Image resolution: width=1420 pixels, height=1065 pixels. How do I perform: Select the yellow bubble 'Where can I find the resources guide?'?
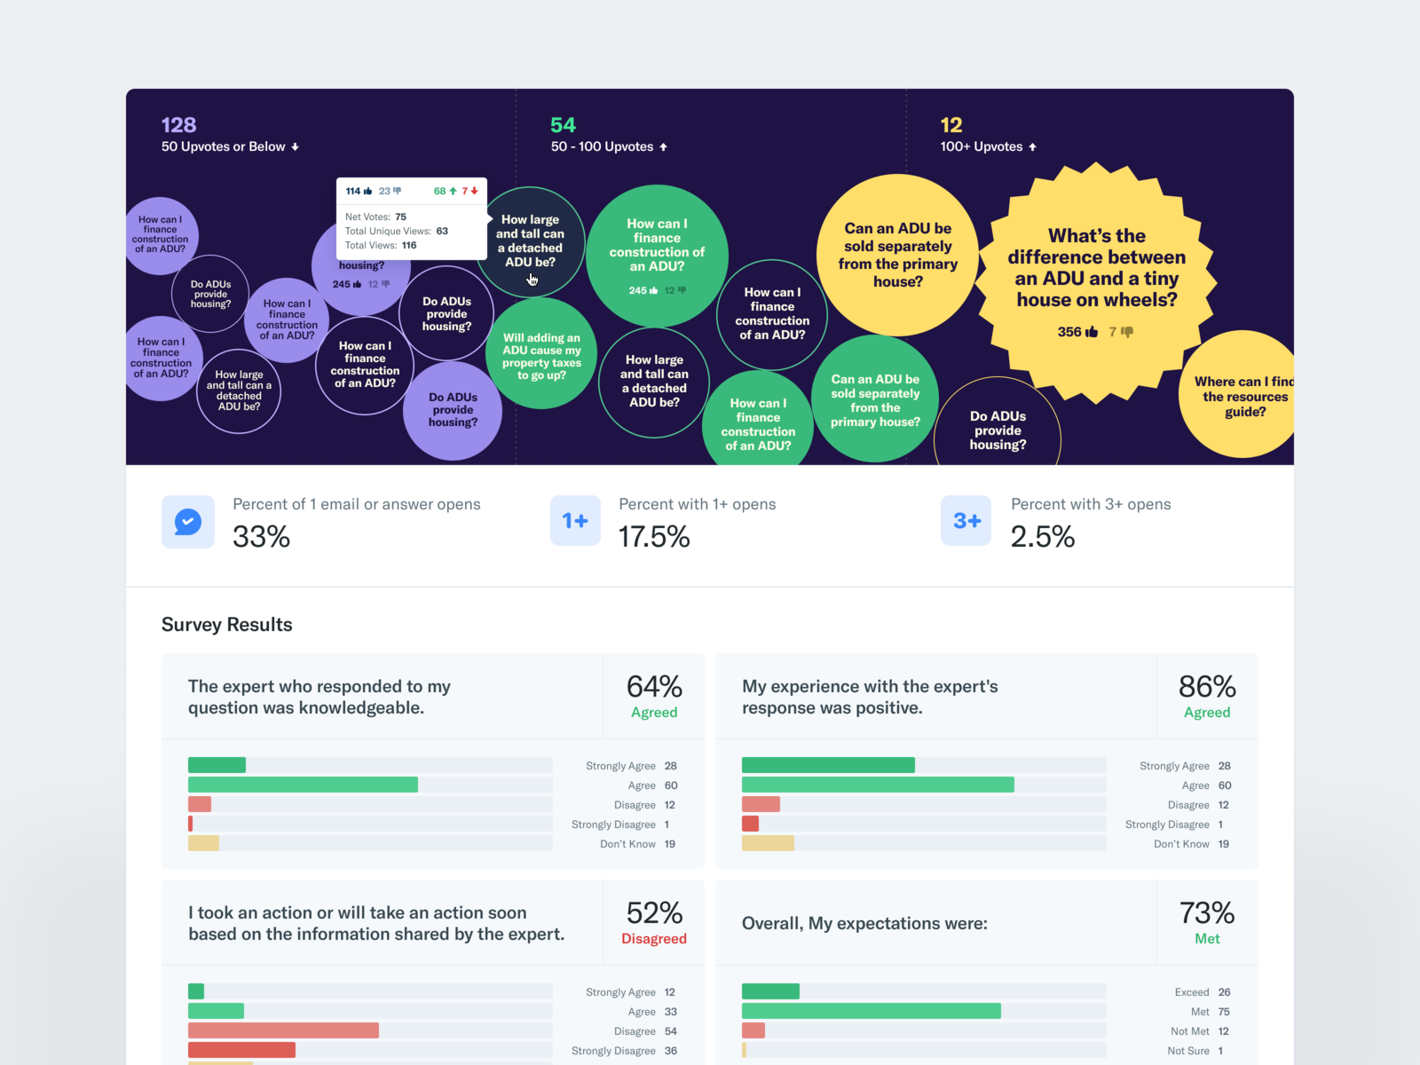(1242, 396)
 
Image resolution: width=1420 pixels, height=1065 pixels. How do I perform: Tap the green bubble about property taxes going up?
(541, 356)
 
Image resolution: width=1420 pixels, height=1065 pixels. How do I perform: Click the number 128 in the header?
(178, 125)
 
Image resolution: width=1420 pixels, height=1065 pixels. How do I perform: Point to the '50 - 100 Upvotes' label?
(602, 146)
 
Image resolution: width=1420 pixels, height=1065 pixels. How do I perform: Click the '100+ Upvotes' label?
(982, 146)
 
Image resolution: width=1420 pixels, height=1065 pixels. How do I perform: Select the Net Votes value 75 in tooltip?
(401, 217)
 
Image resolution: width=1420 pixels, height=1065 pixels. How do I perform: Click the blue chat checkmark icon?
(188, 522)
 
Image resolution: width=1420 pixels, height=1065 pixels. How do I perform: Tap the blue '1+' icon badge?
(575, 521)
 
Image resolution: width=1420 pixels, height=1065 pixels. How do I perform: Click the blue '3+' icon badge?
(966, 521)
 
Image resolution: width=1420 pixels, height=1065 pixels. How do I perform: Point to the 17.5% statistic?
(654, 537)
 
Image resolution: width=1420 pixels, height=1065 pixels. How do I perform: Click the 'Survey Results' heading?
(227, 625)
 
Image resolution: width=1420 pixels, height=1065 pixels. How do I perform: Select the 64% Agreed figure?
(654, 696)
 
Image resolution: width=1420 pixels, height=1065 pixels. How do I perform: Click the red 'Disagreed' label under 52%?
(654, 939)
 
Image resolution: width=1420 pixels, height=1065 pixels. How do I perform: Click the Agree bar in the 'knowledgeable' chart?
(303, 785)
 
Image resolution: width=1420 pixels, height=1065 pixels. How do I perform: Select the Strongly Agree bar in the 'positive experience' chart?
(828, 765)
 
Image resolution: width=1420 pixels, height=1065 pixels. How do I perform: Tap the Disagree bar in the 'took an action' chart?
(283, 1030)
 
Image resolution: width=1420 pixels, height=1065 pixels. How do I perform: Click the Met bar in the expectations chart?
(871, 1011)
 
